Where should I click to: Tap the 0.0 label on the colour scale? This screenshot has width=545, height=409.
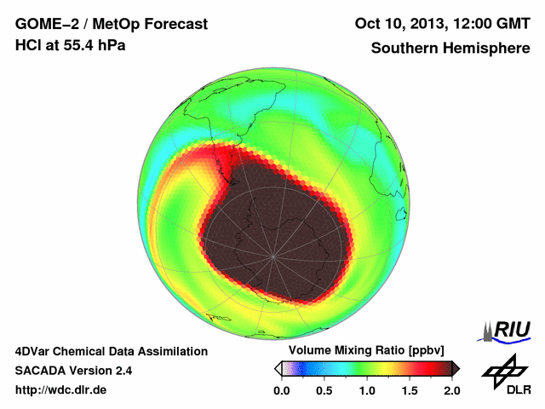(x=282, y=390)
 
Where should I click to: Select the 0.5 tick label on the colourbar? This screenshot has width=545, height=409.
(x=324, y=390)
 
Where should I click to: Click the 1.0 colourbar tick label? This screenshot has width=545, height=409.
(x=367, y=390)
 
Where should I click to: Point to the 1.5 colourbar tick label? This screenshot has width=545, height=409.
(x=410, y=390)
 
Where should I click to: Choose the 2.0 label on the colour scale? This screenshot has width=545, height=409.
(x=451, y=390)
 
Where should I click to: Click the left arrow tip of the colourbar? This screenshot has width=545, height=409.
(x=278, y=368)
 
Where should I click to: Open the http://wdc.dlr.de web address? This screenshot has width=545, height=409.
(x=61, y=390)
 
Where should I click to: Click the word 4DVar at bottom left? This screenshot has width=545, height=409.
(x=35, y=351)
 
